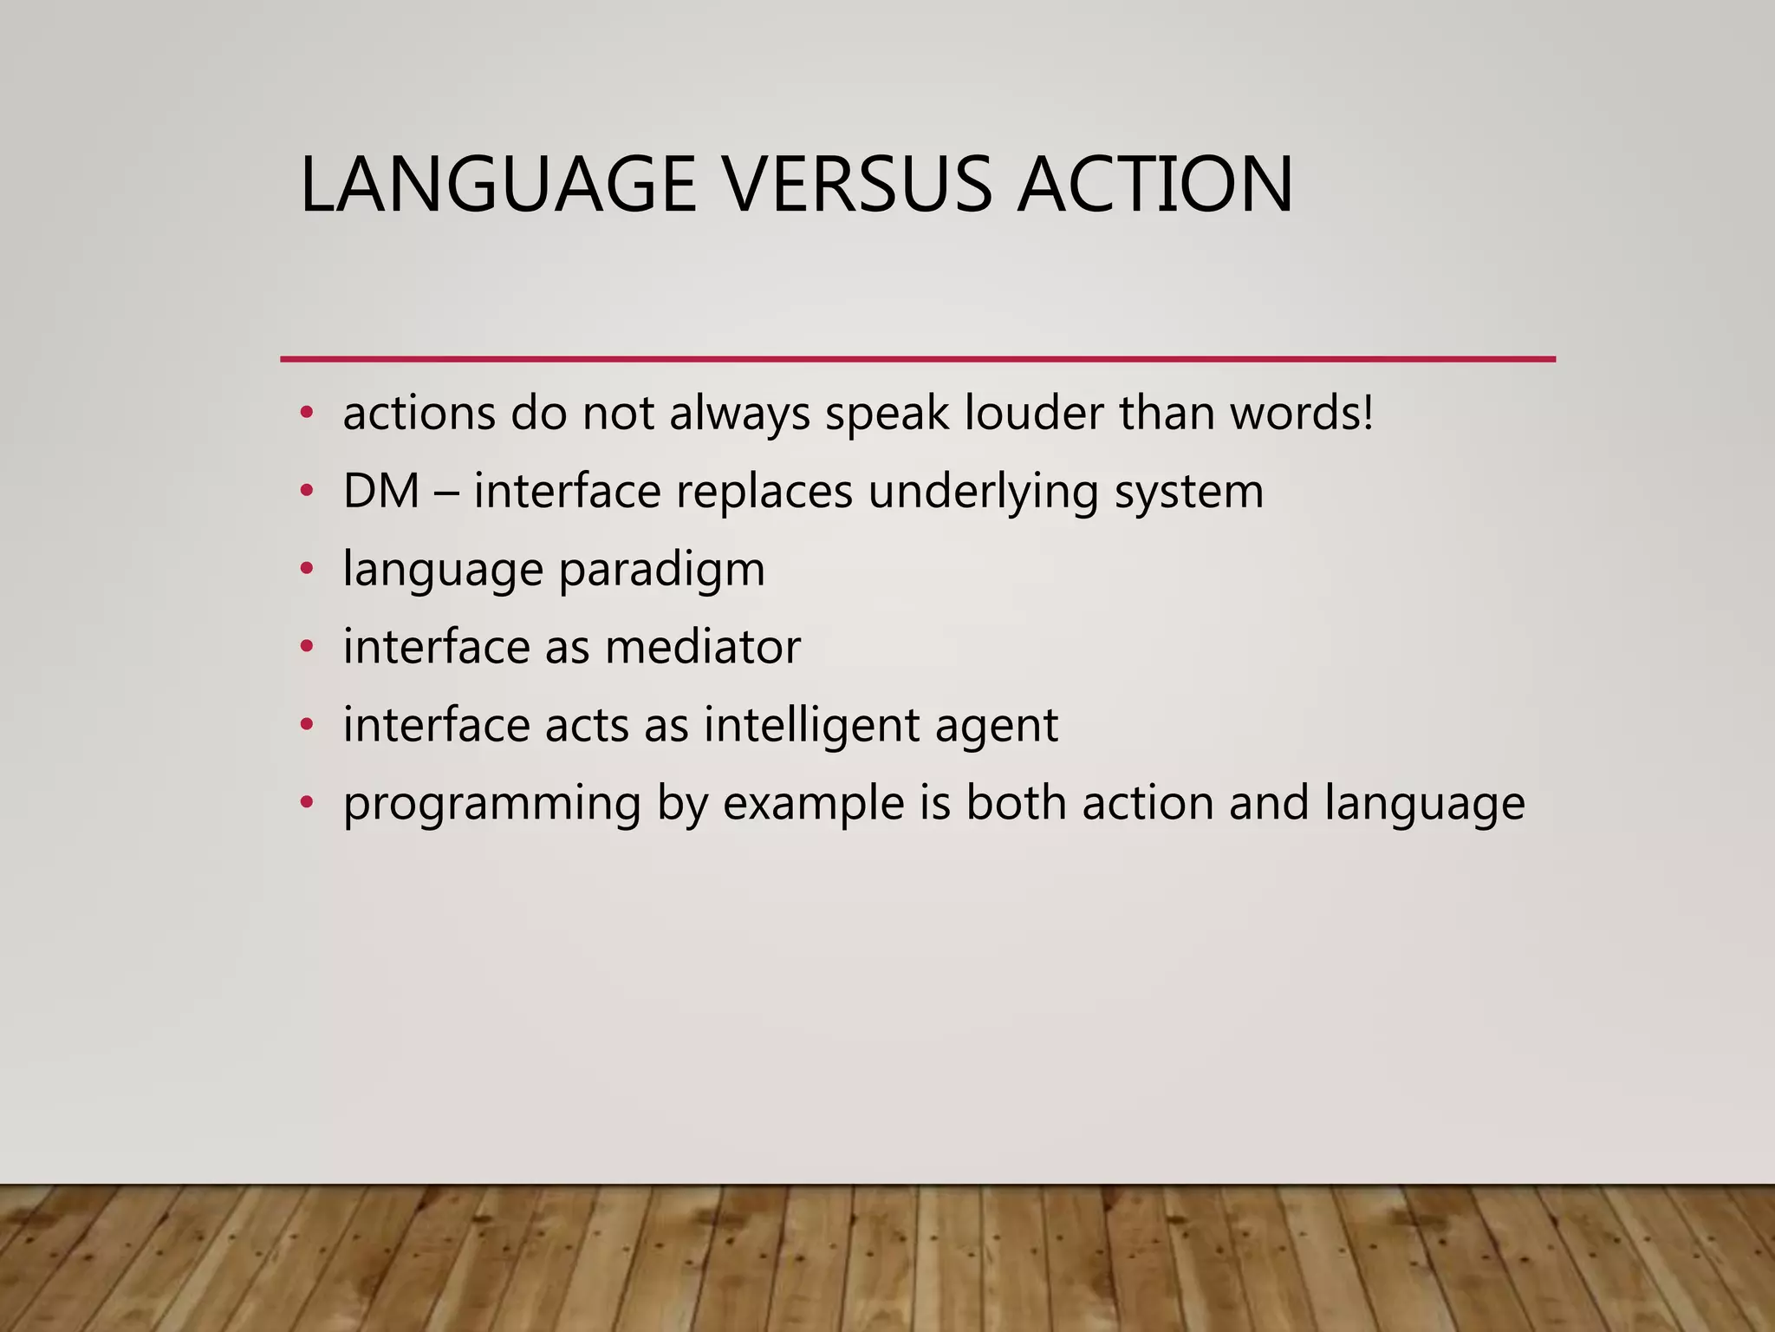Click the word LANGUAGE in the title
click(x=497, y=184)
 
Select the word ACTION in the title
click(x=1155, y=184)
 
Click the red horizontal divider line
click(x=917, y=358)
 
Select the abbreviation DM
click(x=380, y=491)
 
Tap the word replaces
click(x=764, y=491)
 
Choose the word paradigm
click(x=661, y=571)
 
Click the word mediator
click(x=702, y=647)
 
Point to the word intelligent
click(x=811, y=725)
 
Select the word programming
click(x=491, y=805)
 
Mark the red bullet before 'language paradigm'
click(x=305, y=570)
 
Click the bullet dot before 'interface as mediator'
click(x=305, y=647)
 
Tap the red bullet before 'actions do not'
click(x=305, y=413)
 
